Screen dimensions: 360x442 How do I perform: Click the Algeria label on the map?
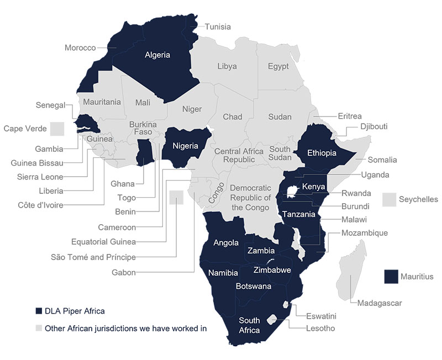(x=157, y=55)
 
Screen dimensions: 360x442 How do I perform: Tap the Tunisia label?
(x=218, y=27)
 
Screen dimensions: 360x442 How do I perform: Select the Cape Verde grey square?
(x=57, y=129)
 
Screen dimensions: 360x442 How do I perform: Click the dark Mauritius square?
(x=392, y=277)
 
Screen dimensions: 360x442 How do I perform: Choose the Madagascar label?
(x=380, y=303)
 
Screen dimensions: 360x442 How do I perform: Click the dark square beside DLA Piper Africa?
(x=39, y=310)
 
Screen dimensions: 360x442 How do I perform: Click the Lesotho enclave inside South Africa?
(x=272, y=320)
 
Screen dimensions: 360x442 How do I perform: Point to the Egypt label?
(x=278, y=66)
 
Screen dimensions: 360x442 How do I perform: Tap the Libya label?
(x=227, y=66)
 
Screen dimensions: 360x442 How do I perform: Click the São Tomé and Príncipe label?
(x=93, y=257)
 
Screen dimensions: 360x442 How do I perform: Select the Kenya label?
(x=314, y=187)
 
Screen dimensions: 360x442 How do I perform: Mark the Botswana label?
(x=253, y=286)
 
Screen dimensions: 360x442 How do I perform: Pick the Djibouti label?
(x=374, y=126)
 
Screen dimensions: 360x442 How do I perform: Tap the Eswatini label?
(x=321, y=316)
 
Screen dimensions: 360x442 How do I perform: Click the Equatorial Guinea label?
(x=103, y=242)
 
